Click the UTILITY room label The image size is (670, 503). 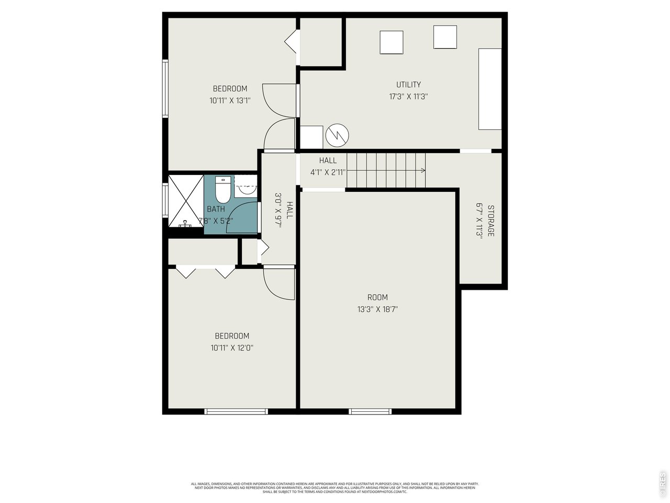click(x=408, y=84)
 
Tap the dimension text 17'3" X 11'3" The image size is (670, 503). click(x=408, y=96)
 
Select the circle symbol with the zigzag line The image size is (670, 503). click(x=337, y=136)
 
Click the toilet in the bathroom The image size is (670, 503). click(x=224, y=190)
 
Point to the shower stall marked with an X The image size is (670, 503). click(x=185, y=201)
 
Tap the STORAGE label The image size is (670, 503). click(x=490, y=220)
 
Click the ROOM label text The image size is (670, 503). click(x=377, y=297)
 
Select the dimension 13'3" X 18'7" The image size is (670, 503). click(x=377, y=309)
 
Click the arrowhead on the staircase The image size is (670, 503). click(x=422, y=170)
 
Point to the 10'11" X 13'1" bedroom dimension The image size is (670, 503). click(x=230, y=101)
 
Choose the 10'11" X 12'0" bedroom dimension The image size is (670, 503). click(x=231, y=347)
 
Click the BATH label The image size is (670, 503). click(x=216, y=209)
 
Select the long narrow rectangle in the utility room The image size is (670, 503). click(x=490, y=89)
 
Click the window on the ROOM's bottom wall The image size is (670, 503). click(x=370, y=411)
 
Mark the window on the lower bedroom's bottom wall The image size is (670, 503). click(x=236, y=411)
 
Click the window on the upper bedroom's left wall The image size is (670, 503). click(x=165, y=88)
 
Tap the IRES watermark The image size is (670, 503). click(x=663, y=484)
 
